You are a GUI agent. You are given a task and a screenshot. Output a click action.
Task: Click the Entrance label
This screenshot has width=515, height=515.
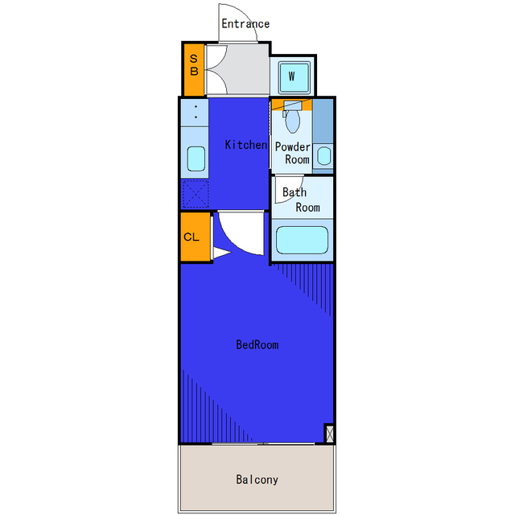245,23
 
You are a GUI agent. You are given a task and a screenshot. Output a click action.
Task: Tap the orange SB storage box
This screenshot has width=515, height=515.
194,70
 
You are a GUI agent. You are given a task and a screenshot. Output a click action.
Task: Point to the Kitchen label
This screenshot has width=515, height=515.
246,145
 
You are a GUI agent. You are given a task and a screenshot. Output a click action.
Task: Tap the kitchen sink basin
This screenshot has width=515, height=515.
196,159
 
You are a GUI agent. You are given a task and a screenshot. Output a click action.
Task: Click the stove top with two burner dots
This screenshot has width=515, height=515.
195,112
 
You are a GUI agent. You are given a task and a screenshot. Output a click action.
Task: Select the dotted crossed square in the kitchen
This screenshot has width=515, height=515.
196,194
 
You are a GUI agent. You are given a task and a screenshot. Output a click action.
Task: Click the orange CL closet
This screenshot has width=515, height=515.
196,237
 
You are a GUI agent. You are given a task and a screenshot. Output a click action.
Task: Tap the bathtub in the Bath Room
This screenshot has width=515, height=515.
302,240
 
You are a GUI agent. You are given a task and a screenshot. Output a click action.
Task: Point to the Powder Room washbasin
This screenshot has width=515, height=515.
324,156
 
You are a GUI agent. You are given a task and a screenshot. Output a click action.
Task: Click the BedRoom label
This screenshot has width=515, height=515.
257,344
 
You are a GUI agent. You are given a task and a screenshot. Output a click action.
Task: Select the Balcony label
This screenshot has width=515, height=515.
257,480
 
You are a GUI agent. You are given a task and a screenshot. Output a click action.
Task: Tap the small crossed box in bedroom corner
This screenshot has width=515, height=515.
329,434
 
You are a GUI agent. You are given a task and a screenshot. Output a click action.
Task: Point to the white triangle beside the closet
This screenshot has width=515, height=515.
222,253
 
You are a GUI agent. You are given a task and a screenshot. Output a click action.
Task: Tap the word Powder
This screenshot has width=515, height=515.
292,146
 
